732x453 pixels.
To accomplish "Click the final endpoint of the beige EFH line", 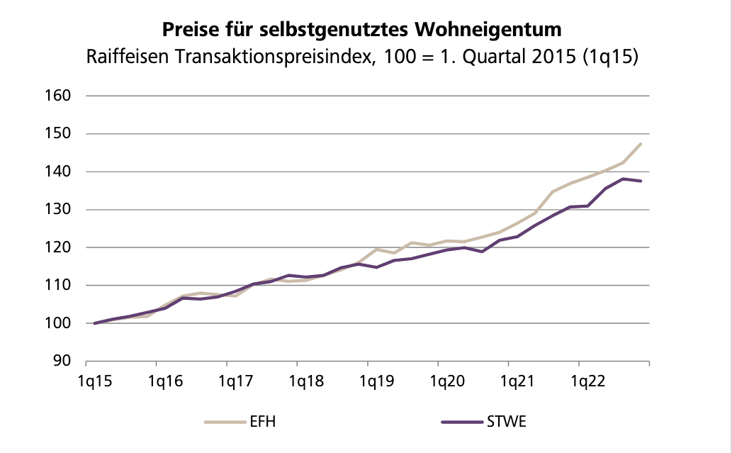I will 641,144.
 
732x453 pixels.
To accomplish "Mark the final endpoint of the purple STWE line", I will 641,181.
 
